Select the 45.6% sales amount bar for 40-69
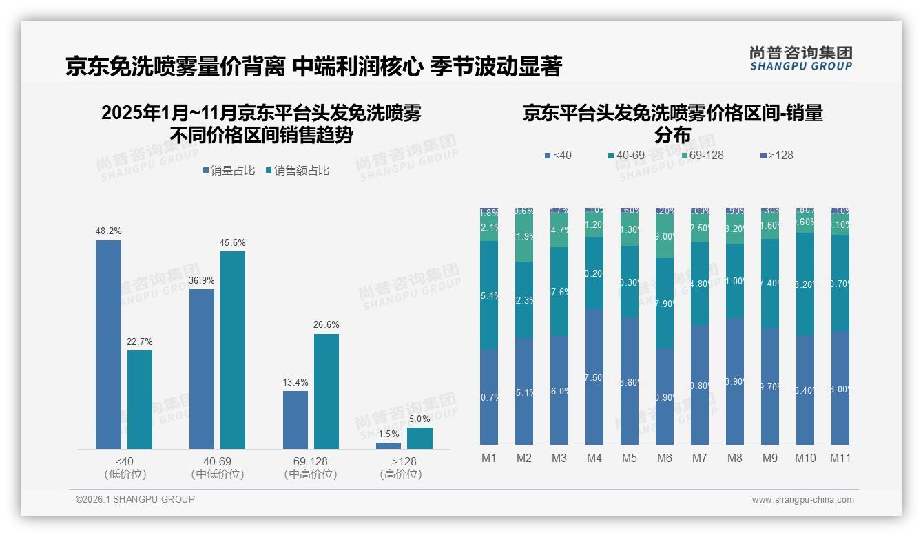tap(233, 350)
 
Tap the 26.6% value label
tap(326, 325)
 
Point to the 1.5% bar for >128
tap(388, 445)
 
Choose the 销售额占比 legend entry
tap(297, 171)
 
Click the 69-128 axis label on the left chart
tap(311, 461)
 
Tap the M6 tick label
tap(665, 458)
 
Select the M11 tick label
tap(840, 458)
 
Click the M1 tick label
tap(489, 458)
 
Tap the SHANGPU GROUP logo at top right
tap(801, 58)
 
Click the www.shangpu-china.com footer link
tap(802, 500)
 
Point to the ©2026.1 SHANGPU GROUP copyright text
tap(135, 499)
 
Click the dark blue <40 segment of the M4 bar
tap(594, 377)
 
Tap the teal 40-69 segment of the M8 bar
tap(734, 280)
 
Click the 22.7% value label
tap(139, 341)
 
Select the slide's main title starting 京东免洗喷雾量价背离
tap(314, 66)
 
